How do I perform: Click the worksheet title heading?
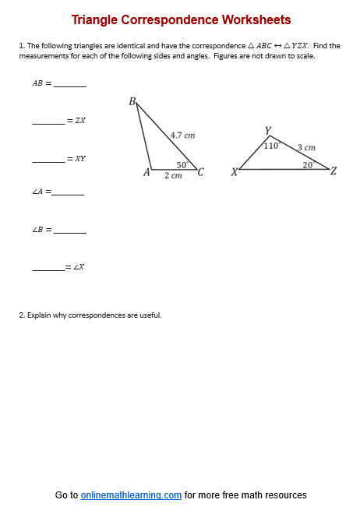(181, 19)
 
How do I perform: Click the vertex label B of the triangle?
(132, 101)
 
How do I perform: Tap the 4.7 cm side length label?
(182, 135)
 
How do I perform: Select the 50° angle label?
(182, 164)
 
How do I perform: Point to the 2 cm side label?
(173, 176)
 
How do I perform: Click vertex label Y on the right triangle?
(267, 131)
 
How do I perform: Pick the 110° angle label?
(271, 145)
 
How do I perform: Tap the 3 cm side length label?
(306, 146)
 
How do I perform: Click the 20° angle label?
(308, 164)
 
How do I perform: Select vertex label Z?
(334, 171)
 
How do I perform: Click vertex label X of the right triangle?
(234, 172)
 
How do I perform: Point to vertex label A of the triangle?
(146, 172)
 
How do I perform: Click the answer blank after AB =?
(70, 84)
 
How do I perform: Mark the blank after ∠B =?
(70, 231)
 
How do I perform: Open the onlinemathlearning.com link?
(131, 495)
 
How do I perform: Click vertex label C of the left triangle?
(201, 172)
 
